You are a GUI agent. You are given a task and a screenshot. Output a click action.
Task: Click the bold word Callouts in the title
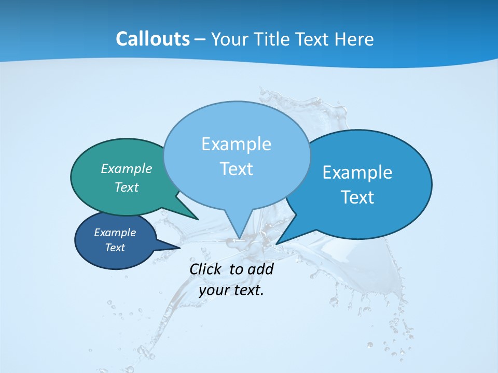pos(153,39)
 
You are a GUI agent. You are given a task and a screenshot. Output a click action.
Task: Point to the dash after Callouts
pos(200,39)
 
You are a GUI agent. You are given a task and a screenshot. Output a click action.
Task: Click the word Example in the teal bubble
pos(127,168)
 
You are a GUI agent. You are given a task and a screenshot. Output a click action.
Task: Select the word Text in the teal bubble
pos(127,187)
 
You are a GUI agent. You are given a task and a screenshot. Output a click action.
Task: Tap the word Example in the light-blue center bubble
pos(236,144)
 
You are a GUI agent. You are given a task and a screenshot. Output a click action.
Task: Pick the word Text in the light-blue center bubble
pos(236,169)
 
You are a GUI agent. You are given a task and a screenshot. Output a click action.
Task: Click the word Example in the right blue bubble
pos(357,173)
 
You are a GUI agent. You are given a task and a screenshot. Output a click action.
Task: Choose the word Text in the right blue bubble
pos(357,197)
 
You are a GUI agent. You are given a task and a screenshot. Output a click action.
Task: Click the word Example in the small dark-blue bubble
pos(115,233)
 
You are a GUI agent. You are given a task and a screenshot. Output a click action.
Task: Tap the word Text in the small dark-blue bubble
pos(115,248)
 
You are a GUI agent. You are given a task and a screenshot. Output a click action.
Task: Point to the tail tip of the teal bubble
pos(198,219)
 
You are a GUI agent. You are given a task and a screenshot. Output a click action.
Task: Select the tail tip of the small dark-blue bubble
pos(179,248)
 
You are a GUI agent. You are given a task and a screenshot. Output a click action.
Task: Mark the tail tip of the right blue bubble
pos(276,243)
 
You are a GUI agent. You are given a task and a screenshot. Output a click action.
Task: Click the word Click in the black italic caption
pos(205,269)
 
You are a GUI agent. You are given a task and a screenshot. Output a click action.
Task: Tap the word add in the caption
pos(260,269)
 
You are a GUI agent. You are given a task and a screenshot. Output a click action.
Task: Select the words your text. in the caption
pos(231,290)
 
